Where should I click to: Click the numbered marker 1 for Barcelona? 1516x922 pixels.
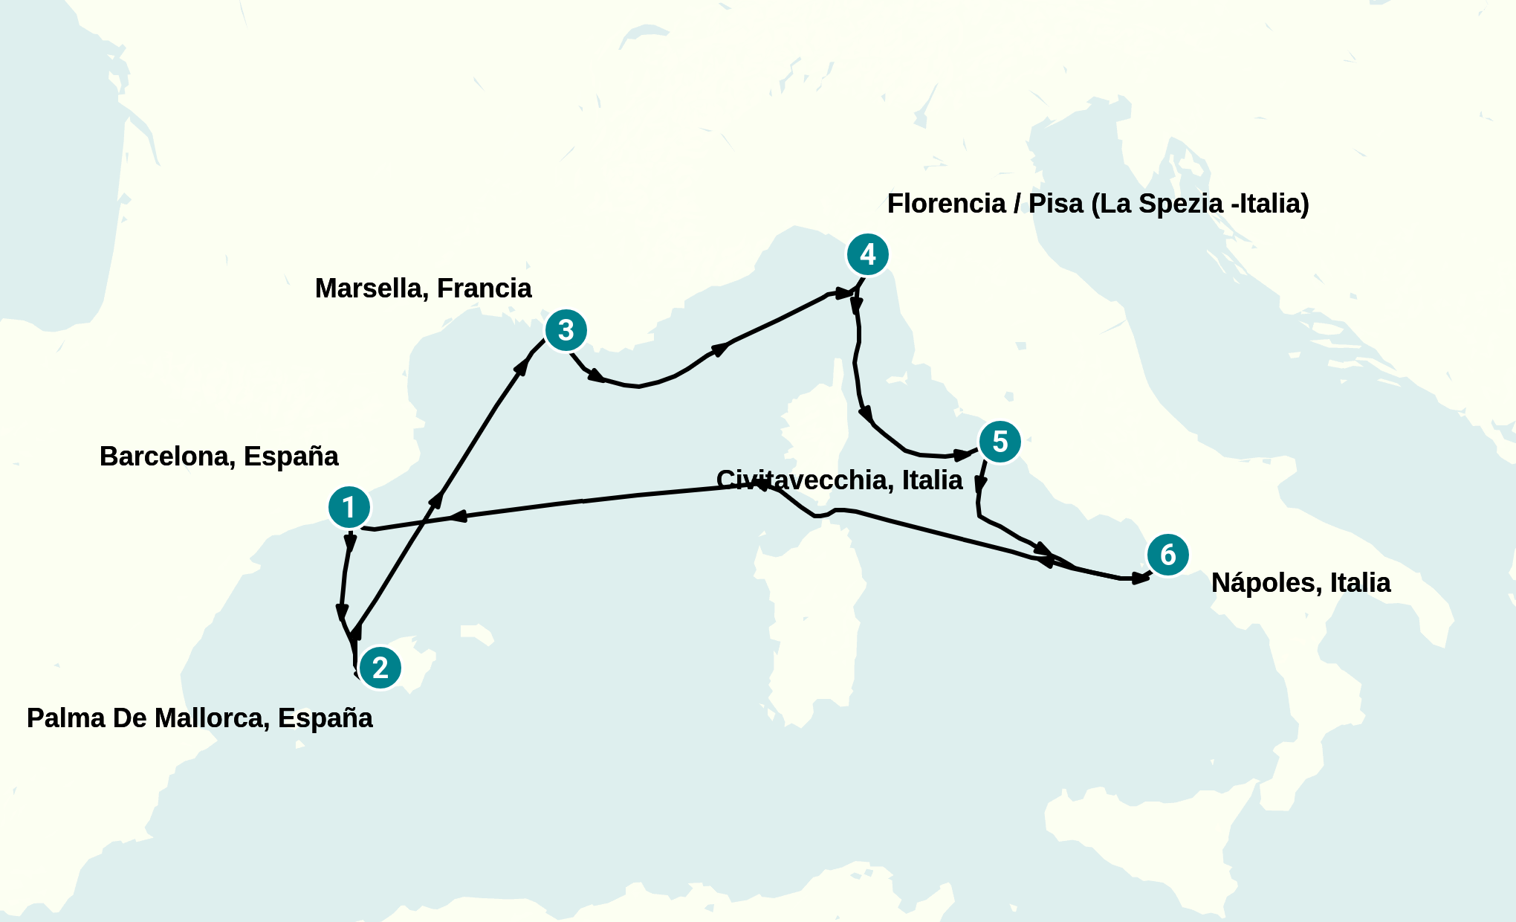click(x=349, y=508)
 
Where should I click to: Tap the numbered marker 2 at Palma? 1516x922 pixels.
click(x=380, y=668)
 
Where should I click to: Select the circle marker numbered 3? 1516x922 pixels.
click(x=566, y=330)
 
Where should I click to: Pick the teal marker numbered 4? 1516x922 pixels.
click(x=867, y=255)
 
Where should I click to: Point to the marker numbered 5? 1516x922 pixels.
click(x=1000, y=442)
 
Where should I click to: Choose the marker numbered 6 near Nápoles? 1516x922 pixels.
click(x=1167, y=555)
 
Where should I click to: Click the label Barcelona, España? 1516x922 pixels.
click(x=219, y=457)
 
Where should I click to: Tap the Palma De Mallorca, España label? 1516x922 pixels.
click(x=200, y=718)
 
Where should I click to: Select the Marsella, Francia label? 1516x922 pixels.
click(x=424, y=288)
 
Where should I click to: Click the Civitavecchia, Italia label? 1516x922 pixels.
click(x=840, y=480)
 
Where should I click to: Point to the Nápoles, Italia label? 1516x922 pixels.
click(x=1301, y=583)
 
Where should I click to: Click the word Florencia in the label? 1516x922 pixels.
click(x=946, y=204)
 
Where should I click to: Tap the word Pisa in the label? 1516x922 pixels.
click(x=1056, y=204)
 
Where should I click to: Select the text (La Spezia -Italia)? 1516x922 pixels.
click(x=1200, y=204)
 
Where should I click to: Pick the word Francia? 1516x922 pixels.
click(x=485, y=288)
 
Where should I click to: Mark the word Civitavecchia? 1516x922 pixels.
click(x=804, y=480)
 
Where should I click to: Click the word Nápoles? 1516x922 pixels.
click(x=1266, y=583)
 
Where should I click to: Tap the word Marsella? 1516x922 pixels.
click(x=369, y=288)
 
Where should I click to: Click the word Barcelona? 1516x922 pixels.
click(x=167, y=457)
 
